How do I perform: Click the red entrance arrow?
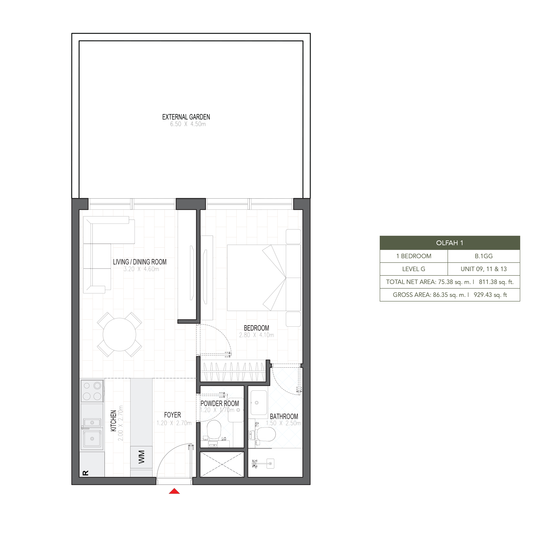pos(174,491)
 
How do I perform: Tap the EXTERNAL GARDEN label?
pos(186,117)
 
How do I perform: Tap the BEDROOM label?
pos(256,328)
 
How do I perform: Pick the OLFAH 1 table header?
pos(449,243)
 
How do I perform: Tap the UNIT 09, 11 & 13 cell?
pos(484,269)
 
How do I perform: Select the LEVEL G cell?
pos(414,269)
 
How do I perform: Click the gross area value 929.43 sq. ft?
pos(490,295)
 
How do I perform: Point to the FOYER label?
pos(172,415)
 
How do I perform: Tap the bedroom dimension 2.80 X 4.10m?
pos(256,335)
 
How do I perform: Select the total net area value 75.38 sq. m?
pos(454,282)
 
